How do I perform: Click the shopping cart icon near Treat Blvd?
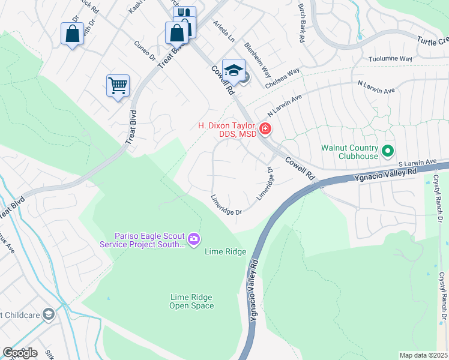[x=118, y=85]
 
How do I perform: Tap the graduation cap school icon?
[x=233, y=69]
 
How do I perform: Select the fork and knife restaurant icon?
[x=184, y=14]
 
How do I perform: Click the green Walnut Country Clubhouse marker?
[x=388, y=151]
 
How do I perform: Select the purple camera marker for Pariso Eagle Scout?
[x=193, y=239]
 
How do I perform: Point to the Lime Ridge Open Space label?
[x=191, y=301]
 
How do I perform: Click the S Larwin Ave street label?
[x=418, y=162]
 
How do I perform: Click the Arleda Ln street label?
[x=224, y=31]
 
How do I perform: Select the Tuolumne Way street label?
[x=390, y=59]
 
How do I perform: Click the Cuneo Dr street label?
[x=144, y=52]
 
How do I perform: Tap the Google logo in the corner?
[x=20, y=353]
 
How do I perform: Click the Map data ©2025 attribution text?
[x=423, y=355]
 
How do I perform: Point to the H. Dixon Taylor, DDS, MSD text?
[x=228, y=129]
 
